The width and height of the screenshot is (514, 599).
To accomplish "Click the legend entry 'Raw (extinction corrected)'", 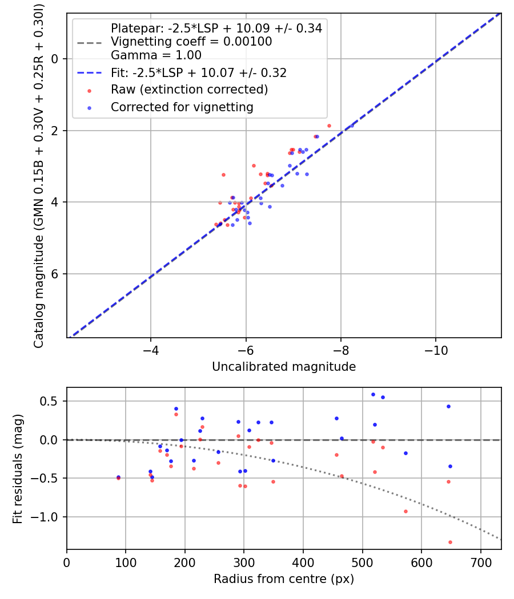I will tap(189, 90).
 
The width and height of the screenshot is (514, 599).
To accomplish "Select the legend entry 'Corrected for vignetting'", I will tap(182, 107).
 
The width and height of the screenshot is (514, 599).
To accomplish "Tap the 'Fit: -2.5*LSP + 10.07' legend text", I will tap(199, 72).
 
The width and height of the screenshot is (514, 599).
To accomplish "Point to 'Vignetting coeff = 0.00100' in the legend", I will tap(191, 42).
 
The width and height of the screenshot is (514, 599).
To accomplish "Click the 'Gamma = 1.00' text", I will tap(156, 55).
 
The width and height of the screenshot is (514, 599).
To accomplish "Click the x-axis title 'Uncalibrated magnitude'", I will tap(284, 367).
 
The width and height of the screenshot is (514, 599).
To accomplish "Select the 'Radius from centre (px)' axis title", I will tap(284, 579).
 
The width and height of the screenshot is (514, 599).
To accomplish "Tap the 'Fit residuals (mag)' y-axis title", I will tap(18, 468).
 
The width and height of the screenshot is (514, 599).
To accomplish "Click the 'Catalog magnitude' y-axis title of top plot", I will tap(39, 175).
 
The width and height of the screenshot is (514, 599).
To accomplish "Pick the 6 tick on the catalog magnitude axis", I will tap(55, 274).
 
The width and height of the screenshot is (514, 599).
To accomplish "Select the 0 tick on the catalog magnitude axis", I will tap(55, 59).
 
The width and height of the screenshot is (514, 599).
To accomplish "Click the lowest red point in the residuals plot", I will tap(450, 542).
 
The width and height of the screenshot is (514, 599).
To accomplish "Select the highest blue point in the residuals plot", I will tap(373, 394).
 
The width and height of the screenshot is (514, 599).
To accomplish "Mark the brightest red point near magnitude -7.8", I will tap(329, 126).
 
